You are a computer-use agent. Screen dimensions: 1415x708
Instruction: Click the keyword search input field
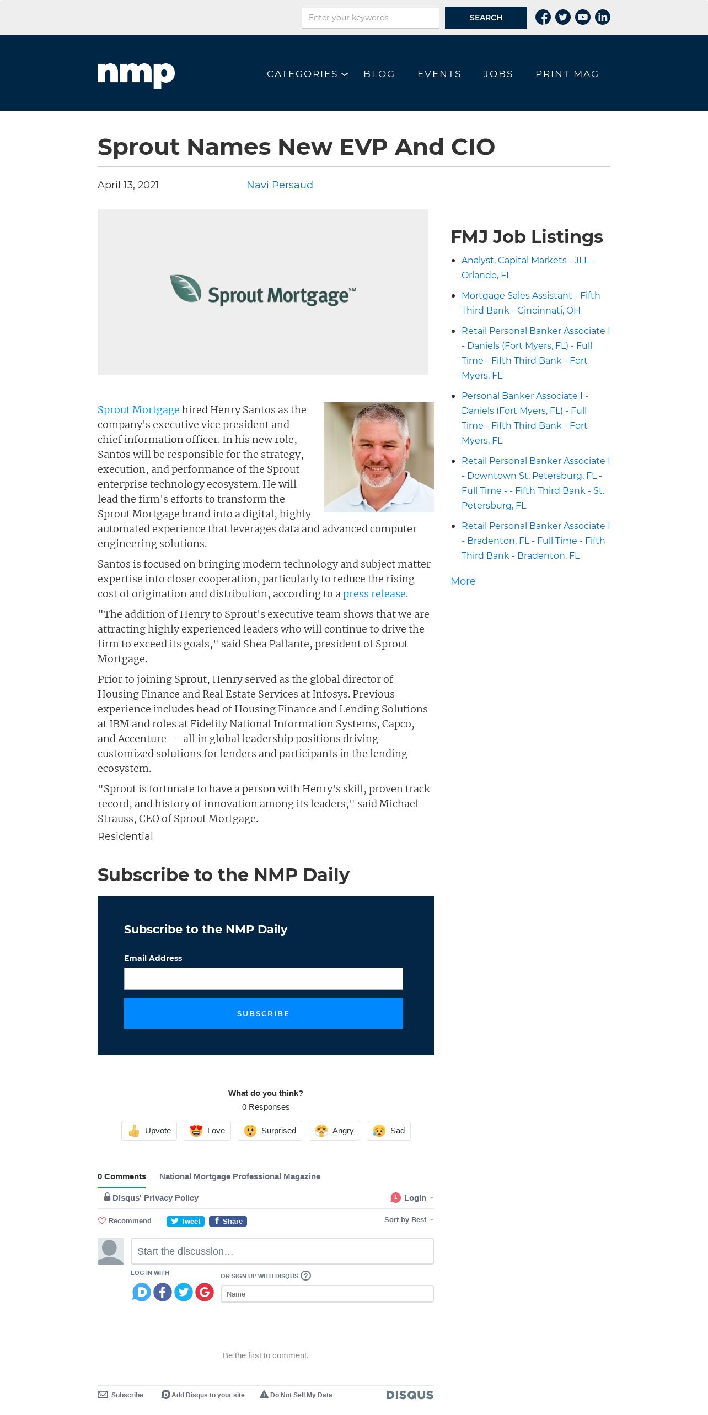pyautogui.click(x=370, y=18)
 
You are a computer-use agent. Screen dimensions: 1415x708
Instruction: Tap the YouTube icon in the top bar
pyautogui.click(x=583, y=18)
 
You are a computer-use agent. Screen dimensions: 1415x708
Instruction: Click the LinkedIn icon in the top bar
pyautogui.click(x=603, y=18)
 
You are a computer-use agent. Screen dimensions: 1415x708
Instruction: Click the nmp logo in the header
pyautogui.click(x=136, y=74)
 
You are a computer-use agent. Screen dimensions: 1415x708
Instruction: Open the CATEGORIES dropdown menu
pyautogui.click(x=307, y=74)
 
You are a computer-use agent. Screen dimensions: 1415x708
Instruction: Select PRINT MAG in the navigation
pyautogui.click(x=567, y=74)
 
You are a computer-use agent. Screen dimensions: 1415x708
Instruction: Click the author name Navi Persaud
pyautogui.click(x=280, y=185)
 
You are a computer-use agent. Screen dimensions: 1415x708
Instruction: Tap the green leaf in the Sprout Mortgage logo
pyautogui.click(x=185, y=288)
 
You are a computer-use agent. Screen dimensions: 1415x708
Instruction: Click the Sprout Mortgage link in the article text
pyautogui.click(x=138, y=409)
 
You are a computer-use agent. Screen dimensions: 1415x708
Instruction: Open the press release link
pyautogui.click(x=374, y=593)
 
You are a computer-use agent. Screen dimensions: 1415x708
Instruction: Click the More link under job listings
pyautogui.click(x=463, y=581)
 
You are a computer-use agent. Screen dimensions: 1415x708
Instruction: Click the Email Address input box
pyautogui.click(x=263, y=979)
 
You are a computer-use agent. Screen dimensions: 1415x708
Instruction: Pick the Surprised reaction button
pyautogui.click(x=270, y=1131)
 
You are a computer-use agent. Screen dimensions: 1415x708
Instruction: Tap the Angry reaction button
pyautogui.click(x=335, y=1131)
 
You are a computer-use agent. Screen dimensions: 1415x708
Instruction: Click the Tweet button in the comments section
pyautogui.click(x=185, y=1221)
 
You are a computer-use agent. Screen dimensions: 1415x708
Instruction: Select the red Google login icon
pyautogui.click(x=205, y=1292)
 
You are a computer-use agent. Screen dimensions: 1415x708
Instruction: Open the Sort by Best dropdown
pyautogui.click(x=409, y=1220)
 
